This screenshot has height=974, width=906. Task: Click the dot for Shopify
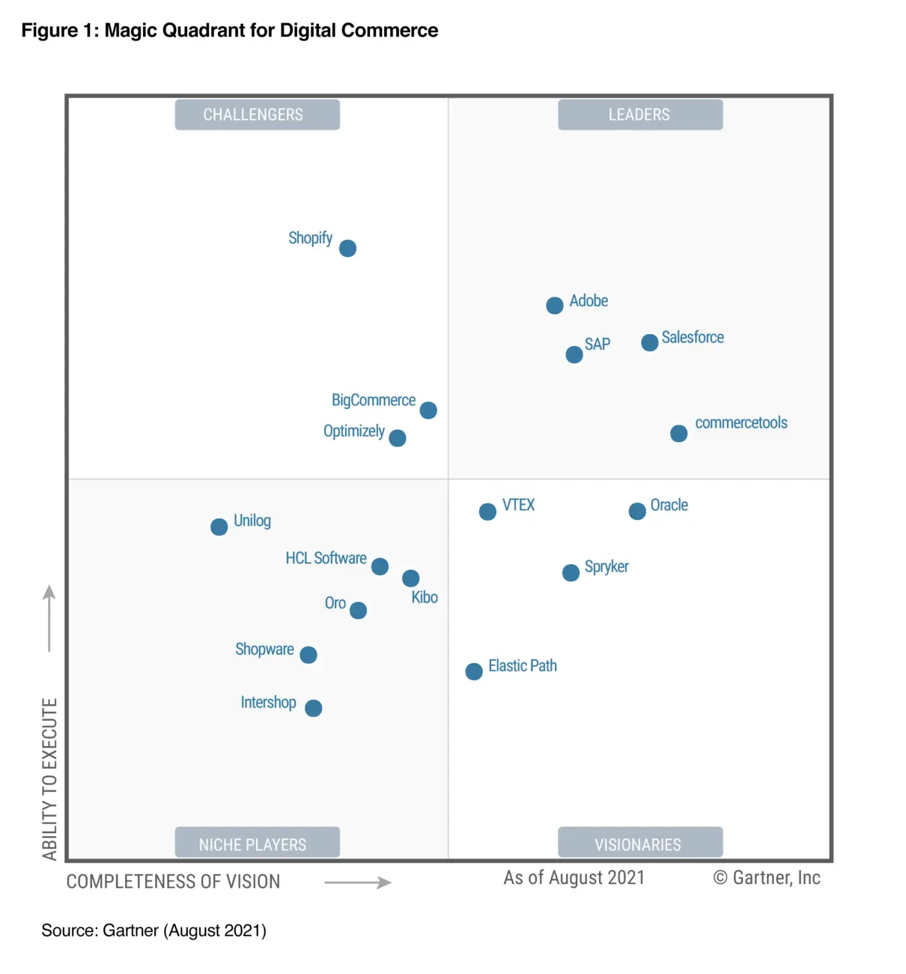tap(347, 248)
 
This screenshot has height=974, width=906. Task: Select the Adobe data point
tap(555, 305)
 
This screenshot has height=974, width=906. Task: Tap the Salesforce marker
tap(650, 342)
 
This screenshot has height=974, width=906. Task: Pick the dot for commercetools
tap(678, 433)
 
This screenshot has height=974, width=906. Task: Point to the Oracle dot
tap(637, 511)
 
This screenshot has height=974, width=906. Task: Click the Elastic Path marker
tap(474, 671)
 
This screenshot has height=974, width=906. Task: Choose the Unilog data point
tap(219, 527)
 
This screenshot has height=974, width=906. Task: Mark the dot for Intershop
tap(314, 708)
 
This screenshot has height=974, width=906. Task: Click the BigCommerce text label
tap(373, 400)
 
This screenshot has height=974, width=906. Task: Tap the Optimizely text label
tap(353, 431)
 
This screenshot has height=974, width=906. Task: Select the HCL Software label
tap(326, 558)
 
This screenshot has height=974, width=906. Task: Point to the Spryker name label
tap(606, 566)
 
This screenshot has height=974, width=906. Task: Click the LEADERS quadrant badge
tap(640, 115)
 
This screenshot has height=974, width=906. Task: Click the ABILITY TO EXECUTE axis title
tap(49, 779)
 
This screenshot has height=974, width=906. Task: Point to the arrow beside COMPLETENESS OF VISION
tap(358, 883)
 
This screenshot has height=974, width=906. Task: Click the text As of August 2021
tap(574, 877)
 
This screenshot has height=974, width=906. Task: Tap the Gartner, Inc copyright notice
tap(767, 877)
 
